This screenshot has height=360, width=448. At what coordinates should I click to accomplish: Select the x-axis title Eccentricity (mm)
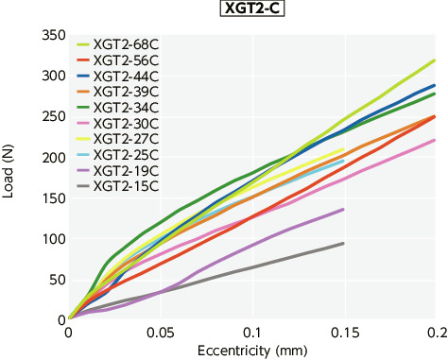coord(251,351)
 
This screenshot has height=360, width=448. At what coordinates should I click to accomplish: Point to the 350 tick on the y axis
coord(52,36)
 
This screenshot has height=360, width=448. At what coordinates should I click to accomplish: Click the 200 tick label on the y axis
coord(52,158)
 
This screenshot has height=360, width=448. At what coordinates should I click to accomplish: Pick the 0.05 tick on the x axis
coord(160,334)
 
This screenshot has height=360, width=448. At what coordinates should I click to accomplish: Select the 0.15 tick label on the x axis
coord(343,334)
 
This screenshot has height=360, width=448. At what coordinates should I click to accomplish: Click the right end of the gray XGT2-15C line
coord(343,243)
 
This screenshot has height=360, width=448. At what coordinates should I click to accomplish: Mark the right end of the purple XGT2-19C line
coord(343,209)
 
